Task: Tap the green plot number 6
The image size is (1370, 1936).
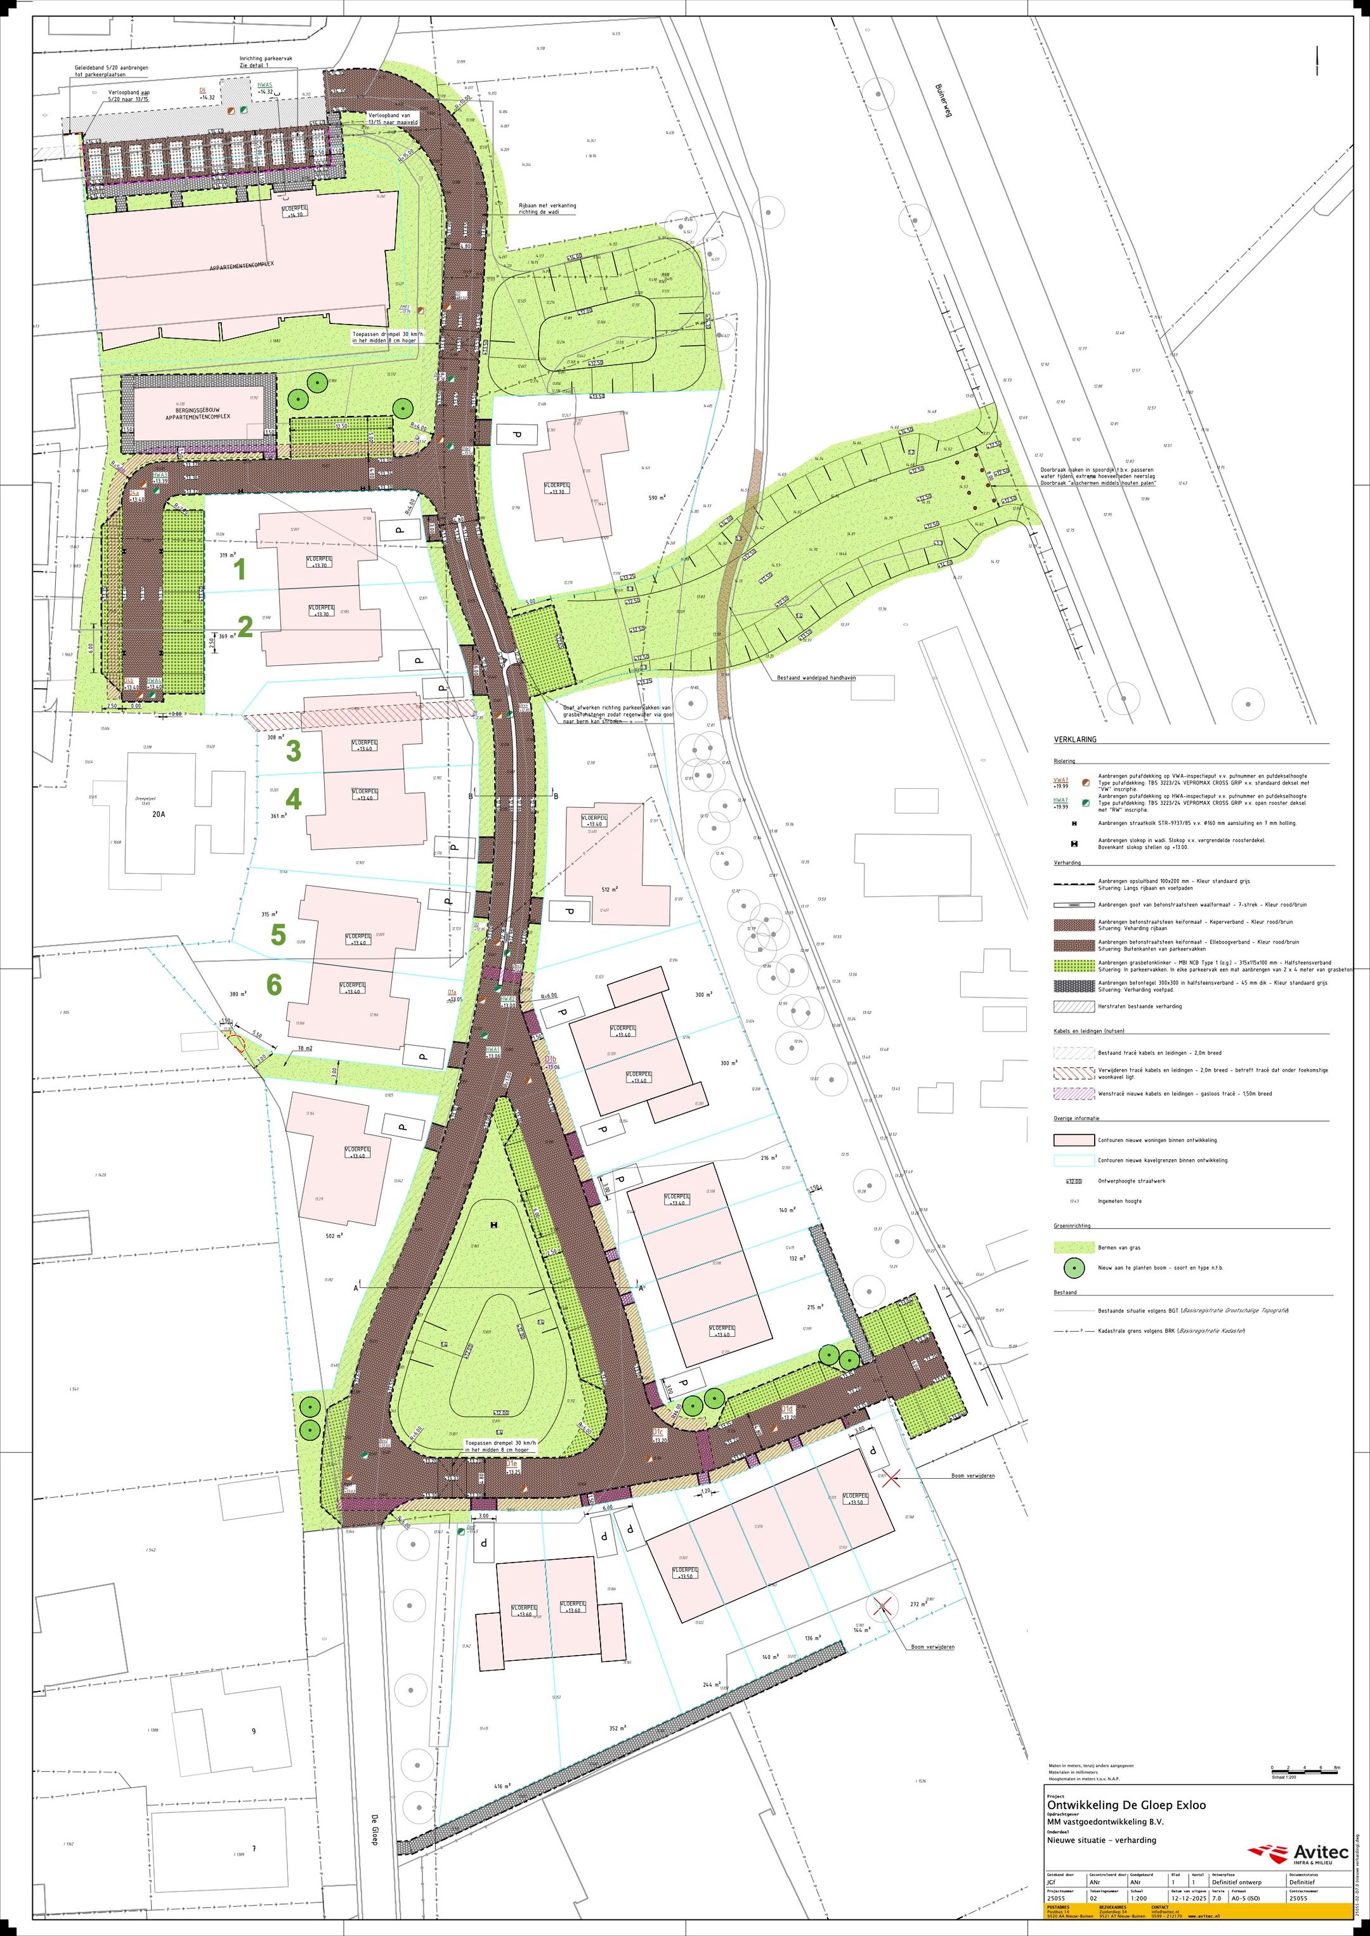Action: click(274, 984)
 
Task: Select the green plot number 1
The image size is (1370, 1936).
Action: click(240, 570)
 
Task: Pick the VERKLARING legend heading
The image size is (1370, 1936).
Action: click(1074, 739)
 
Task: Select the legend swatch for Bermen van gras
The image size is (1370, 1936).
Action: click(1073, 1247)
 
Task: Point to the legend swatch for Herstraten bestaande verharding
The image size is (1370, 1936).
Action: click(1073, 1006)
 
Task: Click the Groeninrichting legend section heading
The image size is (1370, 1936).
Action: click(1071, 1226)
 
